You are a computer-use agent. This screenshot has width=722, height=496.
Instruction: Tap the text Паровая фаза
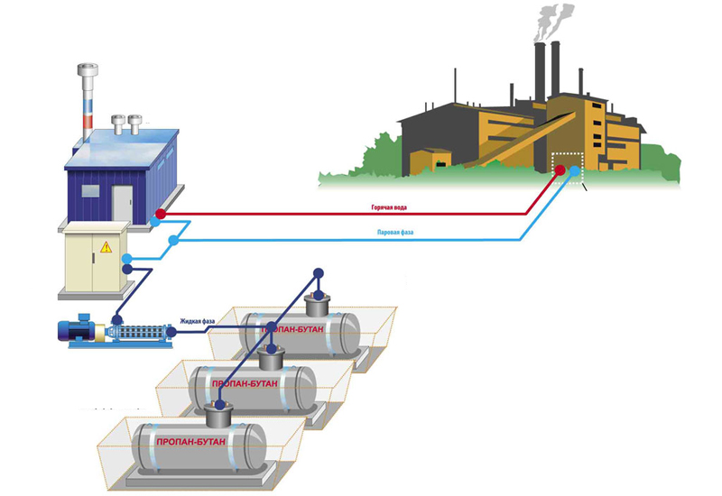coord(397,233)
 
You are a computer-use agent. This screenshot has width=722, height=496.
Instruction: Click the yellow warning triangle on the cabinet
coord(106,245)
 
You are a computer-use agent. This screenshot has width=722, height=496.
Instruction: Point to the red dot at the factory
coord(560,170)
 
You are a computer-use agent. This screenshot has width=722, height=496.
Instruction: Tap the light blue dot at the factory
coord(575,170)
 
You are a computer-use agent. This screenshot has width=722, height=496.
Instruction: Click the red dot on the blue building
coord(161,214)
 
